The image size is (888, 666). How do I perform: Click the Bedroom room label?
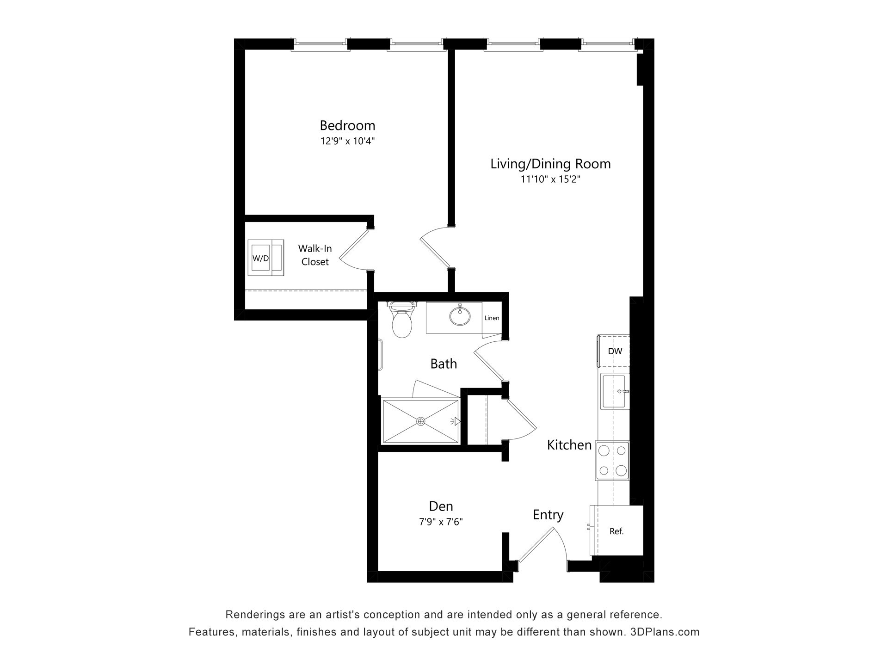347,125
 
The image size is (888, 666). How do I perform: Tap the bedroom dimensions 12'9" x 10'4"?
347,141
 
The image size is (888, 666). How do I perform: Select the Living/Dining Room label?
550,164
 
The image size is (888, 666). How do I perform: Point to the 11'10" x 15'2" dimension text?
550,179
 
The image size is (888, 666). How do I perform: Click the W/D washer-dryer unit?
265,258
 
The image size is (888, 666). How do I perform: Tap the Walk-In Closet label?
315,255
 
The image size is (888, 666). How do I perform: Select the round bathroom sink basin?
460,315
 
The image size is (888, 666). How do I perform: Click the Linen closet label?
492,318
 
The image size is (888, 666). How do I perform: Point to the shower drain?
420,421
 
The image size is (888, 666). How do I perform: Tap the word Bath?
444,364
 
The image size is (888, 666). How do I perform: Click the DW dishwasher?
613,351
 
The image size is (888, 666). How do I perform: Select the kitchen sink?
615,391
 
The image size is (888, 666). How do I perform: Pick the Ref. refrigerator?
617,530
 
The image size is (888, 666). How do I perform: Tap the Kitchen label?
569,445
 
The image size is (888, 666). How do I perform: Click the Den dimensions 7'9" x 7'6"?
441,522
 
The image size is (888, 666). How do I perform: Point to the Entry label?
548,515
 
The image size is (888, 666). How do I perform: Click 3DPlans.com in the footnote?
665,632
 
